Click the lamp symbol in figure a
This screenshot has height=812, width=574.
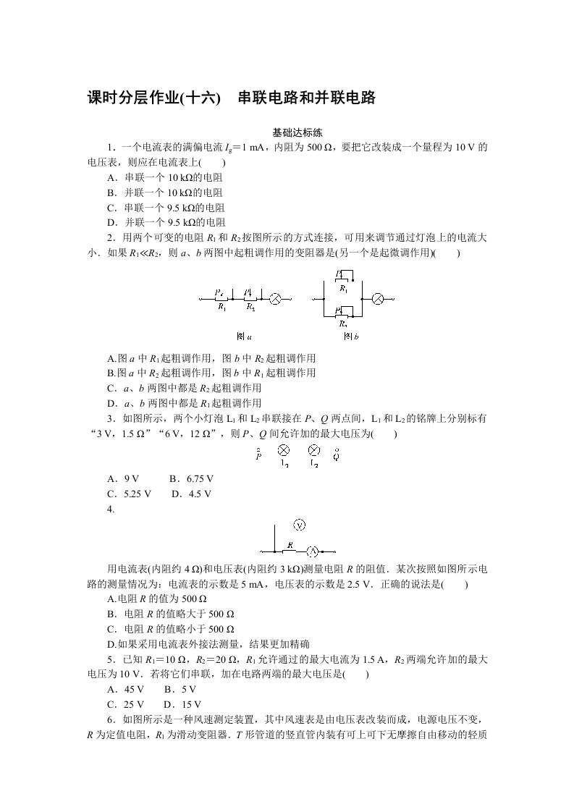pyautogui.click(x=275, y=298)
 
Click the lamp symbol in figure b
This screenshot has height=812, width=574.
pyautogui.click(x=377, y=298)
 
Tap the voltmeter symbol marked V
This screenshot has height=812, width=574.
pyautogui.click(x=300, y=525)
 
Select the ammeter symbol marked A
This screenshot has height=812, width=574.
pyautogui.click(x=313, y=550)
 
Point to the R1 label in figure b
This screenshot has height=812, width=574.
pyautogui.click(x=343, y=288)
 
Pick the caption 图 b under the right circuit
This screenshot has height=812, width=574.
pyautogui.click(x=351, y=337)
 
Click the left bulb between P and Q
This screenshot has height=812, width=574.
pyautogui.click(x=284, y=450)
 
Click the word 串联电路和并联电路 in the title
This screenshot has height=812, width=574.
pyautogui.click(x=307, y=98)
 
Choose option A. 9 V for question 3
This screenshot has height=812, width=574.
pyautogui.click(x=122, y=478)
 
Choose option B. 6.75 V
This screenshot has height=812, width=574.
pyautogui.click(x=191, y=478)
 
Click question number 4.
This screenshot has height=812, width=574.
pyautogui.click(x=111, y=509)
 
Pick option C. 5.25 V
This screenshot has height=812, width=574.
pyautogui.click(x=129, y=494)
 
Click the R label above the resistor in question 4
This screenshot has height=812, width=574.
pyautogui.click(x=290, y=544)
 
